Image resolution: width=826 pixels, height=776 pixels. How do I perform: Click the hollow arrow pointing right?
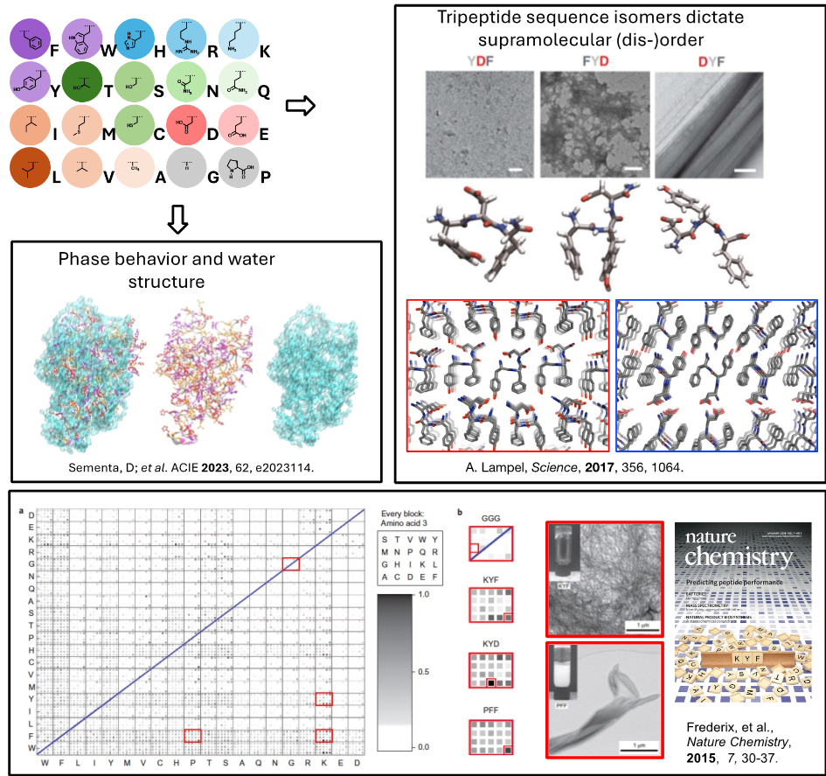[x=300, y=106]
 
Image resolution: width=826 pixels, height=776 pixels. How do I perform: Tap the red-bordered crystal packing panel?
[x=508, y=375]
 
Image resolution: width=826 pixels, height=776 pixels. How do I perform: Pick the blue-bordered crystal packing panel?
[x=717, y=375]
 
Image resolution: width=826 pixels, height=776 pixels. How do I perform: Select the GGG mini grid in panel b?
[x=490, y=548]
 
